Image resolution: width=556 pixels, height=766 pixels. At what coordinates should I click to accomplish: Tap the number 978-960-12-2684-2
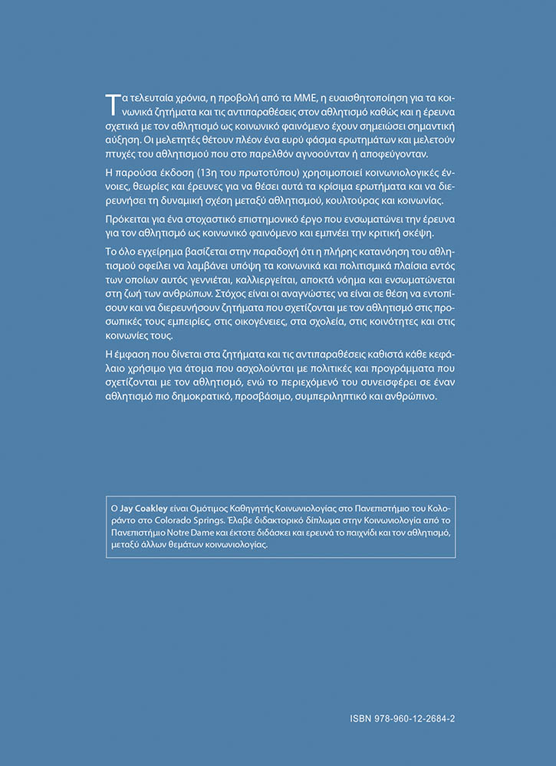click(415, 720)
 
